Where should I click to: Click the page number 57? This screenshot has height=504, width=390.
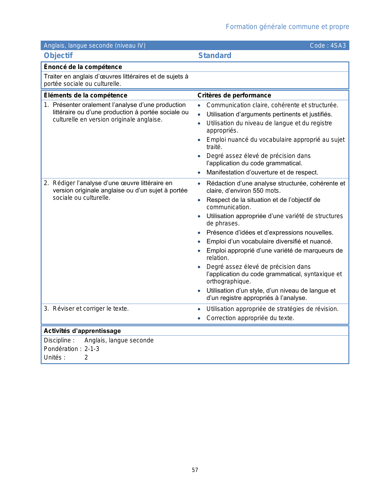195,470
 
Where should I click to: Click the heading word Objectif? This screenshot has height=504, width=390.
58,56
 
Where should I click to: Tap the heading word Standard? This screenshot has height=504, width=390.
215,56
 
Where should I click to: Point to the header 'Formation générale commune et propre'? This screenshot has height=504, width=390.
287,27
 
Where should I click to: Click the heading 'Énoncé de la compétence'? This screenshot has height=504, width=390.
83,67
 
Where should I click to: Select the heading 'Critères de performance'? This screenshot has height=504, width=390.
234,95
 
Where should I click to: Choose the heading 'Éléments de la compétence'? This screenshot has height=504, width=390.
86,95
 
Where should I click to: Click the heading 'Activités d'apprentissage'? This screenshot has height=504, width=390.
82,331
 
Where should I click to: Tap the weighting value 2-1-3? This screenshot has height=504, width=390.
92,349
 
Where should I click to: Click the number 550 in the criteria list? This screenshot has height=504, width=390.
258,191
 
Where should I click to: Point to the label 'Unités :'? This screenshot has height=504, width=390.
54,357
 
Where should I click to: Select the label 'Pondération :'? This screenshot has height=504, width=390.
63,349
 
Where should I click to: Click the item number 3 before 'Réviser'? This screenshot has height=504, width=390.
46,309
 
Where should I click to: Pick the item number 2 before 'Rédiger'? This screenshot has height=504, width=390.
46,183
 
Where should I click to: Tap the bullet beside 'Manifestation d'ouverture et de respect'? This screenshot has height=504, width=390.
199,173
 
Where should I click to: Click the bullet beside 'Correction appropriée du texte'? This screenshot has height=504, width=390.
199,318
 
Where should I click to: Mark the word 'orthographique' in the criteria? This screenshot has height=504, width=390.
228,281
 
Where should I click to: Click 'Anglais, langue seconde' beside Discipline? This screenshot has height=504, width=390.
119,340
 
